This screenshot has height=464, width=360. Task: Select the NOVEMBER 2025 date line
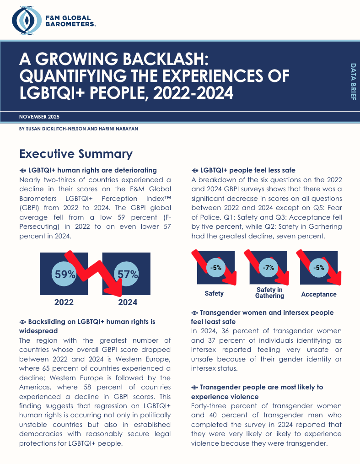[x=39, y=117]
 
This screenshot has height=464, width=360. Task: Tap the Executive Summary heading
[x=76, y=154]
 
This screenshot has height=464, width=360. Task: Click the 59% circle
[x=65, y=275]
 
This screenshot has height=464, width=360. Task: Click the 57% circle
[x=128, y=275]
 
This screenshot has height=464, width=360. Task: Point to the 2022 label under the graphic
[x=64, y=302]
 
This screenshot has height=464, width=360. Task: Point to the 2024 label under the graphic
[x=128, y=302]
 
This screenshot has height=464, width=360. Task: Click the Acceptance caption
[x=319, y=294]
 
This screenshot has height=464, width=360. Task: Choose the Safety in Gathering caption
[x=269, y=292]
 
